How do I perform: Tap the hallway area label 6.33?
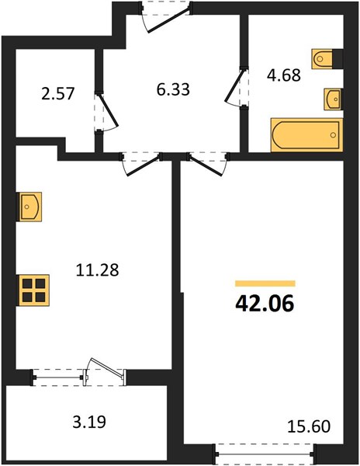pos(173,89)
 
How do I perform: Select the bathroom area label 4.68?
pos(284,75)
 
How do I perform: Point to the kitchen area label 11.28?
pos(97,270)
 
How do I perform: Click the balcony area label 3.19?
pos(89,422)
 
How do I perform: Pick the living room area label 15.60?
pos(309,426)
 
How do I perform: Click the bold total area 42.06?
pos(265,303)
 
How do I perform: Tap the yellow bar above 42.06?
pos(265,283)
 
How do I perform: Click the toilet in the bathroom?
pos(322,59)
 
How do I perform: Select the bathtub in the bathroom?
pos(307,135)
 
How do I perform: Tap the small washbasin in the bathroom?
pos(332,99)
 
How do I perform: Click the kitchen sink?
pos(30,207)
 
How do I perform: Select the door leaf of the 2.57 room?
pos(108,110)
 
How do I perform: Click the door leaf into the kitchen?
pos(144,165)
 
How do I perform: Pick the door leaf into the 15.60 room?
pos(205,165)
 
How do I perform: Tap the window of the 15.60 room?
pos(265,454)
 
